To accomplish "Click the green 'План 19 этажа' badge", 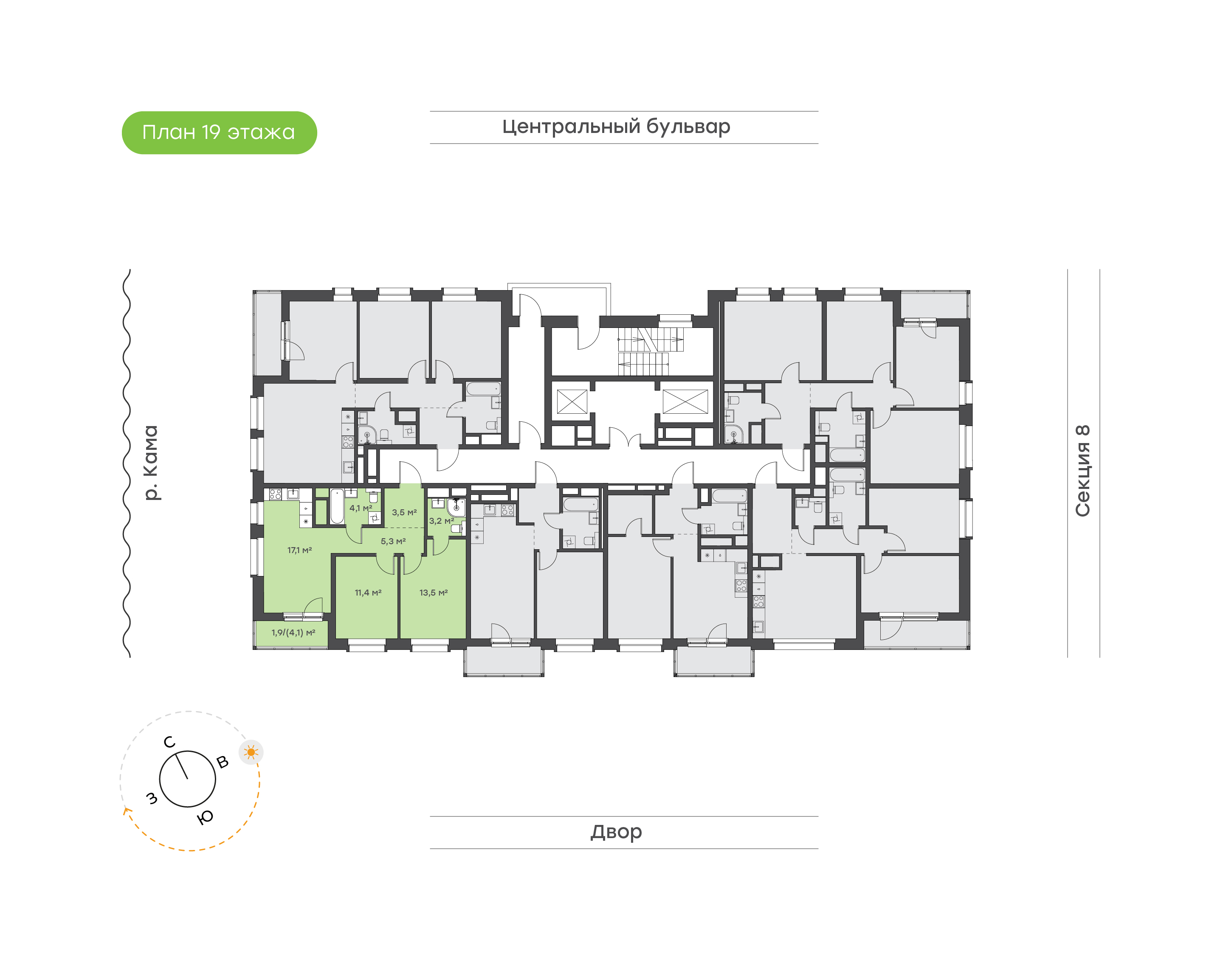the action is coord(219,133).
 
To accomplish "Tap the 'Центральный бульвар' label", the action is coord(616,127).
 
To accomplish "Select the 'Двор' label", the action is coord(616,832).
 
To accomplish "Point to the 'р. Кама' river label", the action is coord(151,463).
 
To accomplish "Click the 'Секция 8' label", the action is coord(1082,471).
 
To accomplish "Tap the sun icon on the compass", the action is coord(251,752).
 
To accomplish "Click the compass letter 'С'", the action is coord(169,743).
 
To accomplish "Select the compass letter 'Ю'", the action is coord(206,817).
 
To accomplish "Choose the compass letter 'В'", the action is coord(223,762).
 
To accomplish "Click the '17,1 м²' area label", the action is coord(299,550).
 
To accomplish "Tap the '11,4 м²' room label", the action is coord(368,593).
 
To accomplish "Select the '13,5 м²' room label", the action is coord(433,593).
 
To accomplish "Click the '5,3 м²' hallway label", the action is coord(393,541).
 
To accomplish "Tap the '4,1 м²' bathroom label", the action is coord(361,508).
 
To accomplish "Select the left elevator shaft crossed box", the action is coord(572,402).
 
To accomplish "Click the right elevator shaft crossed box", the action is coord(685,402).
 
